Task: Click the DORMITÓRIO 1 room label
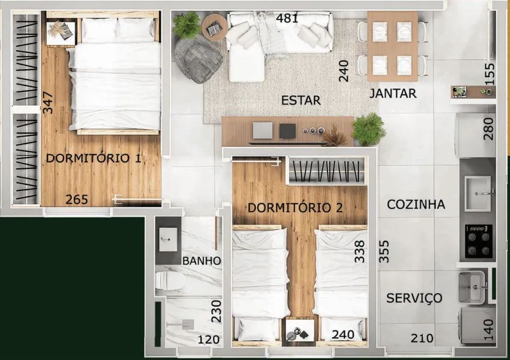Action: tap(94, 159)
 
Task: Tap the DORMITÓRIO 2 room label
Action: tap(296, 208)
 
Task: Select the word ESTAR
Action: tap(301, 100)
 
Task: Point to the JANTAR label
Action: tap(393, 94)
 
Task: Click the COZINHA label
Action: tap(416, 205)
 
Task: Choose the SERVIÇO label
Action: tap(414, 298)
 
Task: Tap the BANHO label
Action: tap(201, 261)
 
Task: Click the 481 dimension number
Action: tap(287, 18)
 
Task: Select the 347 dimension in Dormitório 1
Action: tap(47, 103)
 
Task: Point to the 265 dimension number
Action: tap(77, 199)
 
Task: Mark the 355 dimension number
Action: tap(384, 252)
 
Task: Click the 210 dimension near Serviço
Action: tap(422, 338)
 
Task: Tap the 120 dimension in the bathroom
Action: tap(209, 339)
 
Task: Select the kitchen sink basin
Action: tap(477, 193)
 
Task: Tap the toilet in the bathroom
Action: tap(170, 281)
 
